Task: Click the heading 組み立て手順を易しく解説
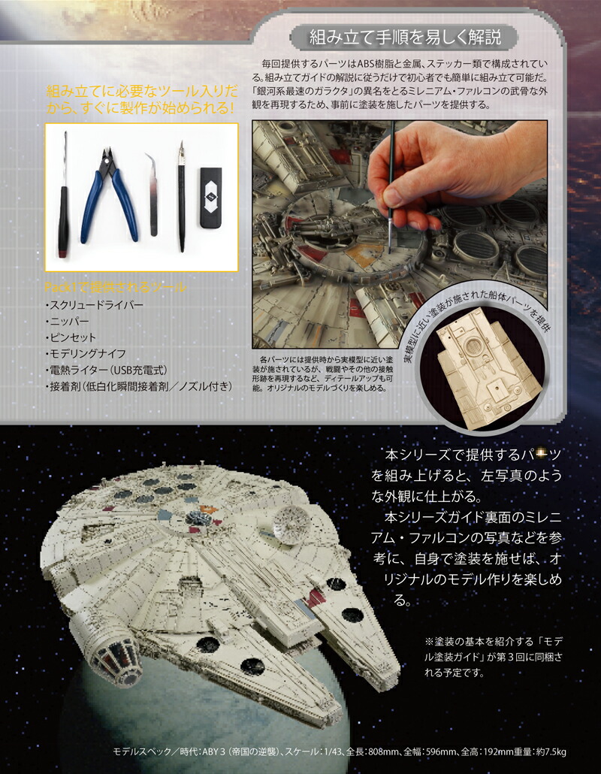406,36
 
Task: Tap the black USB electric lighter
210,198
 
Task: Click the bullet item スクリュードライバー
95,305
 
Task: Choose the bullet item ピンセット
71,338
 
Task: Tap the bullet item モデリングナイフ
84,355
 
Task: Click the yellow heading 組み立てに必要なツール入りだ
141,98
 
